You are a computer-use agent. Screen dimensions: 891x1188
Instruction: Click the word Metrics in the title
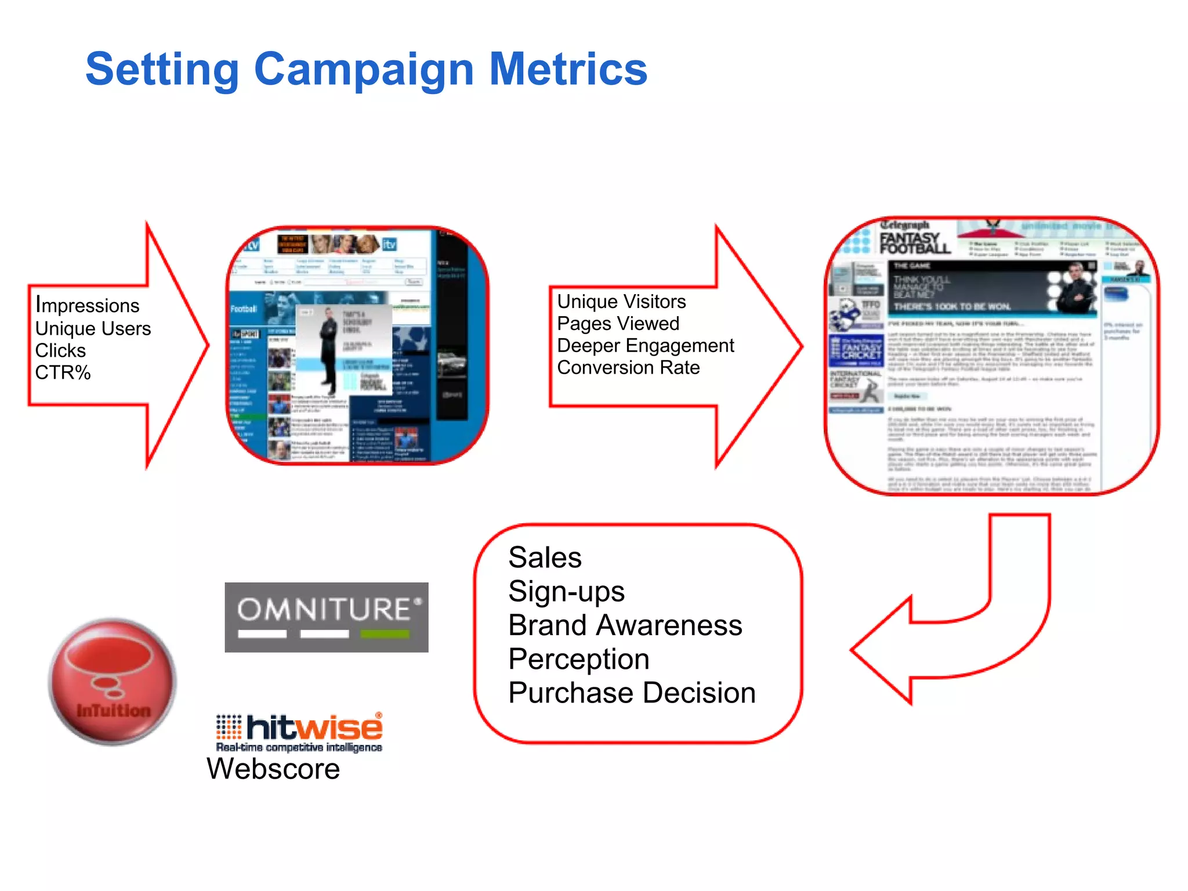[568, 69]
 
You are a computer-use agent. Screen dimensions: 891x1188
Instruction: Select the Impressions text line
[88, 305]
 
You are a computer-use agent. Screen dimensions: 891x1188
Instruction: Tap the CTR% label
[63, 372]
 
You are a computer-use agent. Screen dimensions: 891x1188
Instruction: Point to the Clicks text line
[60, 350]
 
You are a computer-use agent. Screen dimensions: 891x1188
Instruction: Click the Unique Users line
[93, 328]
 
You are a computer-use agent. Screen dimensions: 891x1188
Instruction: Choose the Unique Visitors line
[621, 302]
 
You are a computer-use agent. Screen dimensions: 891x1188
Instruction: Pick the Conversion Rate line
[628, 368]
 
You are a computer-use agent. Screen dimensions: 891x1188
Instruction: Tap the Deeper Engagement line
[645, 346]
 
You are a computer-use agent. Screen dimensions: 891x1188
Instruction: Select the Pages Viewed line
[618, 324]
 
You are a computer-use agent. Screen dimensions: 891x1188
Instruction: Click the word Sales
[545, 558]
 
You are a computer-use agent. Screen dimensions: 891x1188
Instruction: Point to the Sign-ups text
[566, 592]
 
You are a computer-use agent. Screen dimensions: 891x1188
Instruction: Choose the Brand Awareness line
[625, 625]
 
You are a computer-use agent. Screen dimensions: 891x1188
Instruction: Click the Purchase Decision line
[632, 693]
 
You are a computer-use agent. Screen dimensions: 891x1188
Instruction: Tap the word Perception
[578, 660]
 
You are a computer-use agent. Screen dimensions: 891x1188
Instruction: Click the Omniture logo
[327, 617]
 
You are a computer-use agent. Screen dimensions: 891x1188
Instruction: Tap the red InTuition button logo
[113, 682]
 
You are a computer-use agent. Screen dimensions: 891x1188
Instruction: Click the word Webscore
[273, 769]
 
